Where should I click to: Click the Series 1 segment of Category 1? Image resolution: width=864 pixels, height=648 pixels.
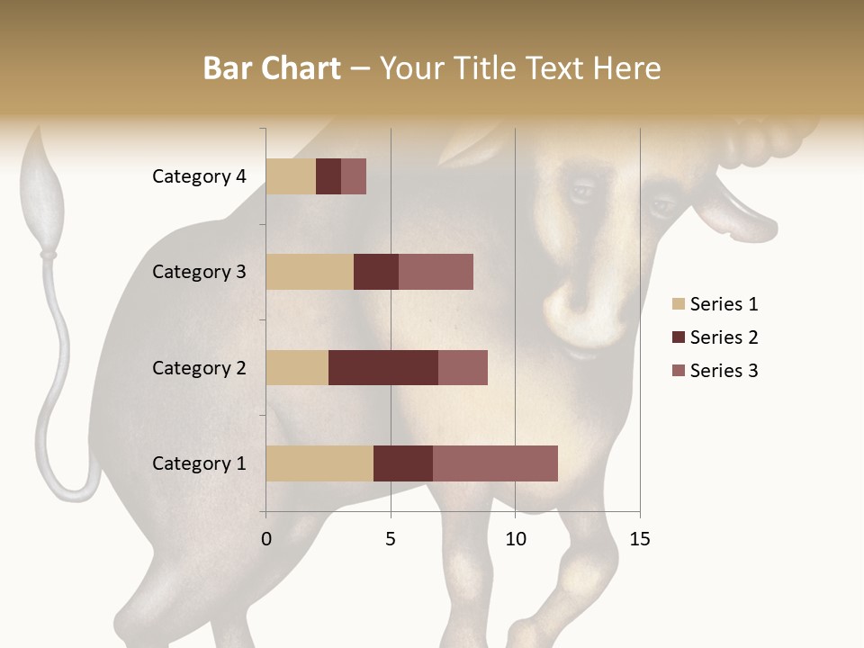[319, 463]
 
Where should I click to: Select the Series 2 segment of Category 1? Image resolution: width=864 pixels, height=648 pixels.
[403, 463]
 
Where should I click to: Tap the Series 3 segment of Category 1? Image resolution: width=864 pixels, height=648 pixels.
[495, 463]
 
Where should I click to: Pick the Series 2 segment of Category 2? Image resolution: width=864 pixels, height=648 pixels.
[383, 367]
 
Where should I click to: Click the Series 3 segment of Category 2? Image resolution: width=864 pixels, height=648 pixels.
[463, 367]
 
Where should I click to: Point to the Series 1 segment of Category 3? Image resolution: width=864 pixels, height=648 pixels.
[310, 272]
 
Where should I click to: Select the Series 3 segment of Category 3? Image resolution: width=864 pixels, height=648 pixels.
[436, 272]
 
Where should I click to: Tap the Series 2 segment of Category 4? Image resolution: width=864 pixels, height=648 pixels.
[328, 176]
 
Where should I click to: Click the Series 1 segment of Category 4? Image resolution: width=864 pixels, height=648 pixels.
[291, 176]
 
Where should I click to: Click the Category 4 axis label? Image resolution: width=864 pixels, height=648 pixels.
[199, 176]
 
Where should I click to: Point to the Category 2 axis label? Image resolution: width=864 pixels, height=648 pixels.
[199, 367]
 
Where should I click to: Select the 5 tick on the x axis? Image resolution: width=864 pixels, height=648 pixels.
[391, 540]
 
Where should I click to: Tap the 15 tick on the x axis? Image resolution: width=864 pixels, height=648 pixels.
[639, 540]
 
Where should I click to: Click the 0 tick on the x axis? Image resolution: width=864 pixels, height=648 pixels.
[266, 540]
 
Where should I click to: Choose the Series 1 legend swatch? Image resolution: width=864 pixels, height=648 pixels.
[678, 304]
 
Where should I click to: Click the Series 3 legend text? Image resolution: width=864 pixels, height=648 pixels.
[724, 371]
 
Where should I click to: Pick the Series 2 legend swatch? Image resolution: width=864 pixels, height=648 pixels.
[678, 337]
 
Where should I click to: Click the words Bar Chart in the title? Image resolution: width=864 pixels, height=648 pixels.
[272, 67]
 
